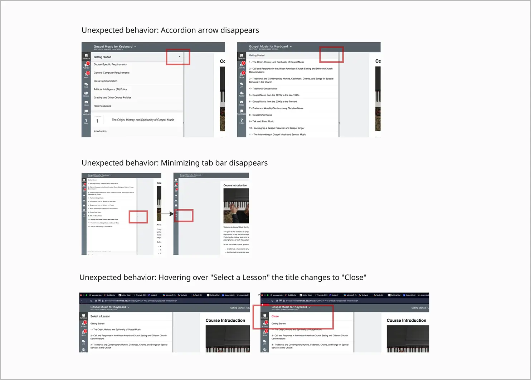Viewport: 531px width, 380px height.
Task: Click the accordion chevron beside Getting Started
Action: [x=179, y=57]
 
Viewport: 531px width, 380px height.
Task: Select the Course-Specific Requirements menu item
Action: [x=110, y=64]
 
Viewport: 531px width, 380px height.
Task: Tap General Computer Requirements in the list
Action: [x=112, y=73]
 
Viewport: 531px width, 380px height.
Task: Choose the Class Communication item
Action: [x=106, y=81]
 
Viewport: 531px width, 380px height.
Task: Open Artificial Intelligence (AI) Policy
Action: [x=110, y=89]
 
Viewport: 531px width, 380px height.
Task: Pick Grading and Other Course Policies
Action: [x=112, y=98]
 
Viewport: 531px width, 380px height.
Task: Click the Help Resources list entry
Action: [x=102, y=106]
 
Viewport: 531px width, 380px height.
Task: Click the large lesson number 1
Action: [x=97, y=121]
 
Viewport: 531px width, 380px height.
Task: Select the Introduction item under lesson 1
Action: [x=100, y=131]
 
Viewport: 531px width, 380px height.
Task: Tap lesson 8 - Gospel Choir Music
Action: [x=262, y=115]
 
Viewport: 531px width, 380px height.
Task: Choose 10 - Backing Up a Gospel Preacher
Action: [x=277, y=128]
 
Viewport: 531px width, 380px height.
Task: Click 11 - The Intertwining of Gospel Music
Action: [x=277, y=135]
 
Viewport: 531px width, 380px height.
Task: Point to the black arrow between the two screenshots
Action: [x=166, y=214]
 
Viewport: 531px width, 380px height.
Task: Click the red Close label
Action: [x=275, y=316]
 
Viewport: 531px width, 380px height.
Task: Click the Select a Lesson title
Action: [x=100, y=316]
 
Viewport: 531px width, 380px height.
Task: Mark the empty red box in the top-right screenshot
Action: [x=331, y=54]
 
